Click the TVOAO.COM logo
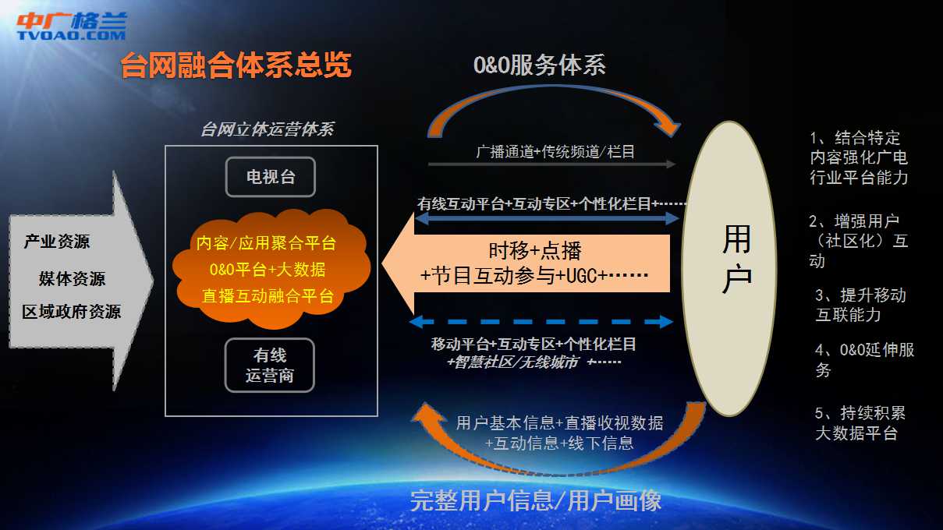[72, 26]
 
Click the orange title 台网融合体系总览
[236, 65]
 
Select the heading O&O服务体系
[539, 65]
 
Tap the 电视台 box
[271, 177]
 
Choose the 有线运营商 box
[270, 366]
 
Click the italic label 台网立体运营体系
[268, 129]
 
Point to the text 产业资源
[57, 242]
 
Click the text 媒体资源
[72, 278]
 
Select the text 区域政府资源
[72, 312]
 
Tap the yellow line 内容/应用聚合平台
[266, 243]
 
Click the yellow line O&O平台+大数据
[268, 269]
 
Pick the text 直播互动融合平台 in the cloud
[268, 295]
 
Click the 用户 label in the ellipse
[737, 258]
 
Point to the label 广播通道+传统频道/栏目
[555, 151]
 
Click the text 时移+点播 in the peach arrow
[535, 251]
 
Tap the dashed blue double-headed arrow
[541, 322]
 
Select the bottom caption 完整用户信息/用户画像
[536, 500]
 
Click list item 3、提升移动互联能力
[860, 305]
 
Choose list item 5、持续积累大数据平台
[860, 422]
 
